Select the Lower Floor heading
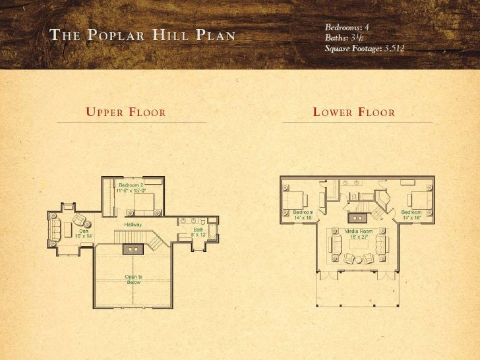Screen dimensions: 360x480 pyautogui.click(x=354, y=113)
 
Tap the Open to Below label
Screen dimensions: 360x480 pyautogui.click(x=134, y=279)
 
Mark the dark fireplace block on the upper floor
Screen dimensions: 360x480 pyautogui.click(x=134, y=249)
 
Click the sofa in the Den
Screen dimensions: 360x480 pyautogui.click(x=56, y=228)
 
